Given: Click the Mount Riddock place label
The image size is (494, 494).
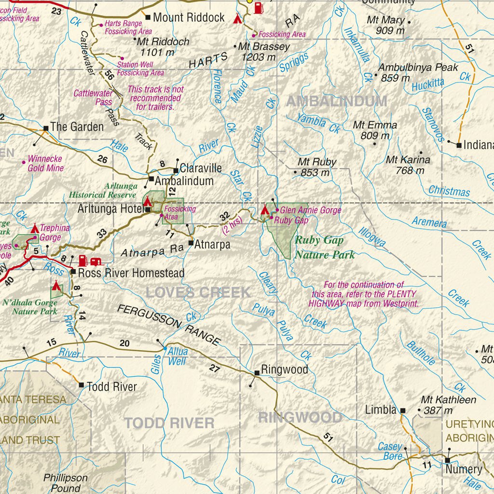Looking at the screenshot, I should [x=189, y=17].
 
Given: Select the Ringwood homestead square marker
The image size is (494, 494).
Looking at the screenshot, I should [x=257, y=372].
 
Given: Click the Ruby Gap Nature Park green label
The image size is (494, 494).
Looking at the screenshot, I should [x=325, y=247].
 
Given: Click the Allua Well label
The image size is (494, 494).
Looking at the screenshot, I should [x=178, y=356].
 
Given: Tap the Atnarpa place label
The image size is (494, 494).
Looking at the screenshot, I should [x=212, y=245].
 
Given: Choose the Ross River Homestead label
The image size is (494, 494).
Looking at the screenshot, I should [x=131, y=273].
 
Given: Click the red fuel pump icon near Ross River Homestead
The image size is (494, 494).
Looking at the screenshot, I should [x=83, y=261].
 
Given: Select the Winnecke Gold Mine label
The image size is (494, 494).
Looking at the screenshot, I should [x=45, y=163].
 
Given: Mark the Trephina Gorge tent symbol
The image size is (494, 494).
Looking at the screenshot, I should [x=35, y=228].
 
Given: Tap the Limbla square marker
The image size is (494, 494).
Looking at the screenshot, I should [x=403, y=411].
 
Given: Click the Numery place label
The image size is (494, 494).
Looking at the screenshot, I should [x=464, y=469].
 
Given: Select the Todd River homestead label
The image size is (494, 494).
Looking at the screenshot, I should [x=111, y=386].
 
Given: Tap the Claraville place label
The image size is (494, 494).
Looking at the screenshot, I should [x=201, y=168].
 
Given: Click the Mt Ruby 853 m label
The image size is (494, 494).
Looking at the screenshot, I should [x=316, y=167].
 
